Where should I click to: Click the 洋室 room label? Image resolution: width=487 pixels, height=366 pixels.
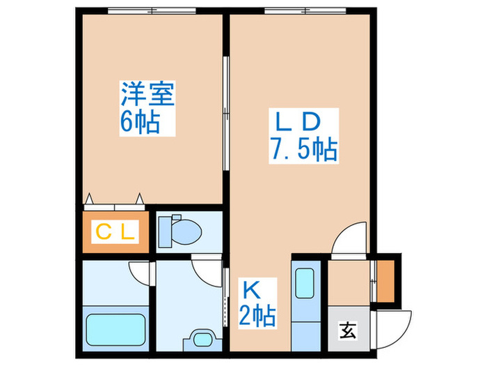point(147,94)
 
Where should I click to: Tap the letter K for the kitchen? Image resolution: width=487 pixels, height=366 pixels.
point(251,287)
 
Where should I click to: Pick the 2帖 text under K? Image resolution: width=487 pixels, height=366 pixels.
point(257,315)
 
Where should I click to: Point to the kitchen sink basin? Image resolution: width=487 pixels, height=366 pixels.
point(305,284)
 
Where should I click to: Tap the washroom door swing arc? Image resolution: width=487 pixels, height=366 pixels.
point(207,268)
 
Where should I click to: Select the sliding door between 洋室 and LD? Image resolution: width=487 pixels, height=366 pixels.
point(225,112)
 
